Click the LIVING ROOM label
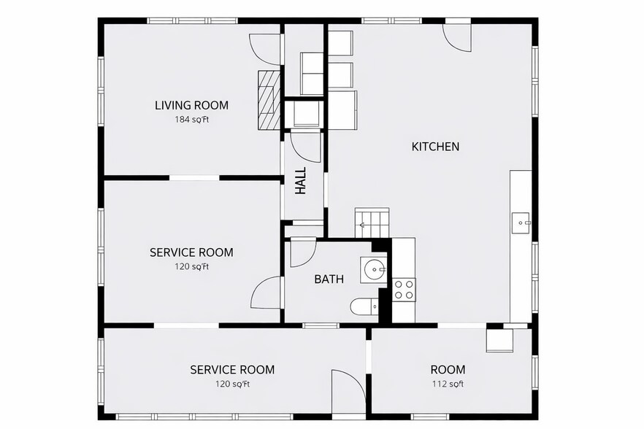pyautogui.click(x=191, y=105)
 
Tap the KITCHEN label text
pyautogui.click(x=435, y=147)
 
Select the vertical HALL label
pyautogui.click(x=300, y=182)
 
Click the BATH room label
pyautogui.click(x=329, y=279)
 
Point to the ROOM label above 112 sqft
pyautogui.click(x=448, y=370)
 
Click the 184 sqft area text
pyautogui.click(x=191, y=120)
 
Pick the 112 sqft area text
pyautogui.click(x=448, y=384)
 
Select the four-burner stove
pyautogui.click(x=404, y=290)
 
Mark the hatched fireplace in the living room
pyautogui.click(x=268, y=100)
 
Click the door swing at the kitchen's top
pyautogui.click(x=459, y=36)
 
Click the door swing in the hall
pyautogui.click(x=305, y=147)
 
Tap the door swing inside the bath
pyautogui.click(x=301, y=252)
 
